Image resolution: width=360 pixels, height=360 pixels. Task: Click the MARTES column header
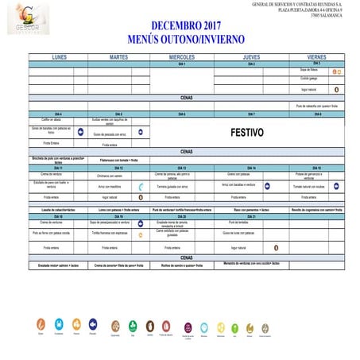point(118,58)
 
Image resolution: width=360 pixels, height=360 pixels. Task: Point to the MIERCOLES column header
point(182,58)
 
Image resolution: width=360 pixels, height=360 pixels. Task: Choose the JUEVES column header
point(250,58)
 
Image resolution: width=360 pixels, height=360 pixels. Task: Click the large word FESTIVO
point(247,133)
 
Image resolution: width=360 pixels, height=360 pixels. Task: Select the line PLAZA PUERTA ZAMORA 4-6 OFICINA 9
point(313,10)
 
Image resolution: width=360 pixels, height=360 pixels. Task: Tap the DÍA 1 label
point(182,64)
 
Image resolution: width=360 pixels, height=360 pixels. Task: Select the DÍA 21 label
point(250,216)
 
